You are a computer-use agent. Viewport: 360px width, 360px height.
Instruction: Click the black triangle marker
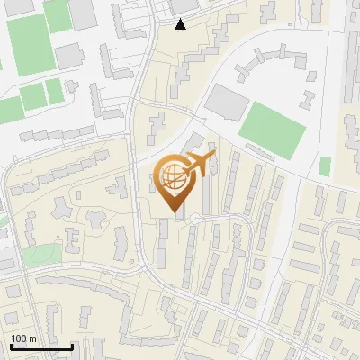181,24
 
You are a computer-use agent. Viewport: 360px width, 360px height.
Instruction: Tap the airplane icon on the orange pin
197,166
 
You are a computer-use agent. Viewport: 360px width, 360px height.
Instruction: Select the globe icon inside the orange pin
170,177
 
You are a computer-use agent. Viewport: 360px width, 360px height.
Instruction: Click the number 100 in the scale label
18,338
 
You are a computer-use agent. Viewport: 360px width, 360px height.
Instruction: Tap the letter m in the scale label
32,338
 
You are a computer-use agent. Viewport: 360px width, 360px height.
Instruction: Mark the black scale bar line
41,346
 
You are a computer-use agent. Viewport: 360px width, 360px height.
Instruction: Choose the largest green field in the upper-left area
30,43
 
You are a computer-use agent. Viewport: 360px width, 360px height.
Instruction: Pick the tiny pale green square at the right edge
325,166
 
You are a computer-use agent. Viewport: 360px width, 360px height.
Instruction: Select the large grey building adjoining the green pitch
227,103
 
